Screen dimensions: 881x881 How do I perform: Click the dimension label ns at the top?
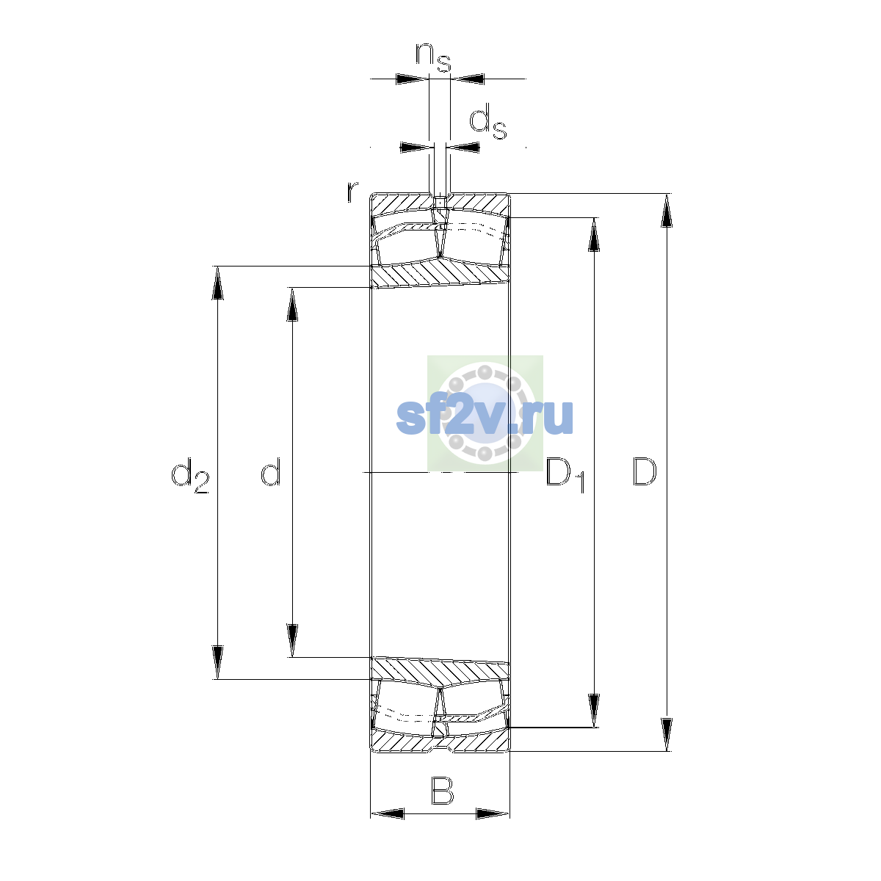(433, 57)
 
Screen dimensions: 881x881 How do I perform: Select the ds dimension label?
(488, 121)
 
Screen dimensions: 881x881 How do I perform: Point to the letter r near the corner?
(352, 192)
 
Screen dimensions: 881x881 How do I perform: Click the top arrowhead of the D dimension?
(667, 210)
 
